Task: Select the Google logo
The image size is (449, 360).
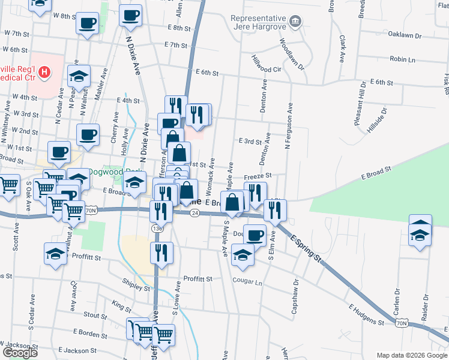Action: (x=19, y=353)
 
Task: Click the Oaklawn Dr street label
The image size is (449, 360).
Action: (x=405, y=35)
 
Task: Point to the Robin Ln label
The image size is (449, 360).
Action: (x=402, y=59)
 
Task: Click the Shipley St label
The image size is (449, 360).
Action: (x=134, y=288)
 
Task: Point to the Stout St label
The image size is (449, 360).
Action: (x=95, y=314)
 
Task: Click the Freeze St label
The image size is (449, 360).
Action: (x=258, y=176)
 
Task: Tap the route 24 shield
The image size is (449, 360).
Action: (x=194, y=213)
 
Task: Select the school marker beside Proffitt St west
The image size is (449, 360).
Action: (x=56, y=253)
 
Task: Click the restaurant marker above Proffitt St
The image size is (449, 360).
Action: (x=161, y=252)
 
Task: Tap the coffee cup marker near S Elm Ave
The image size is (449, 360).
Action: (x=255, y=235)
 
